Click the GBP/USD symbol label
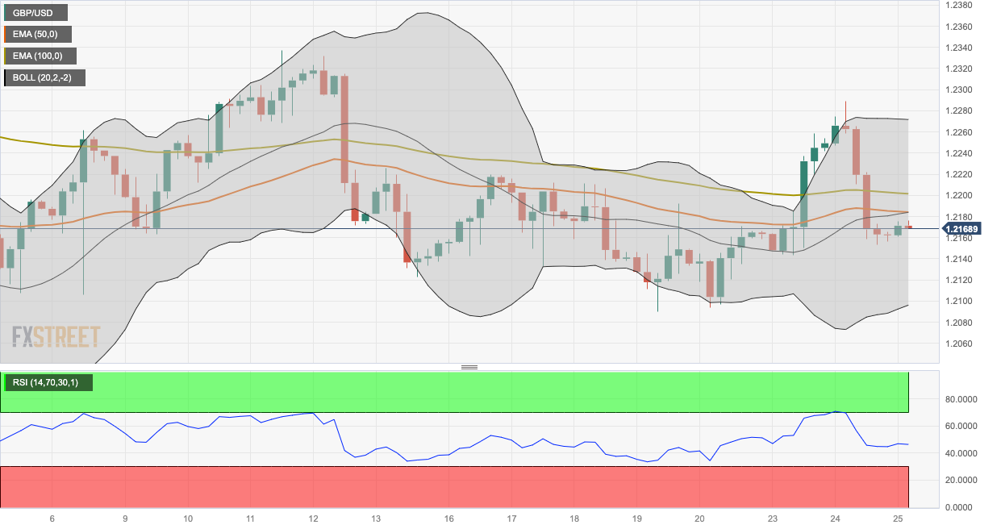(x=35, y=13)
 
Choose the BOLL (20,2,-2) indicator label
(x=45, y=78)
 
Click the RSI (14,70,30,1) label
(x=47, y=382)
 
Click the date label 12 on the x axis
(x=313, y=519)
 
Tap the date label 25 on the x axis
(x=898, y=519)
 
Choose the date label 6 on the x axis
(x=52, y=519)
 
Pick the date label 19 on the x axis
(x=636, y=519)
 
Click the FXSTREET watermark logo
(x=56, y=336)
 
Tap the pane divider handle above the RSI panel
(x=469, y=367)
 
